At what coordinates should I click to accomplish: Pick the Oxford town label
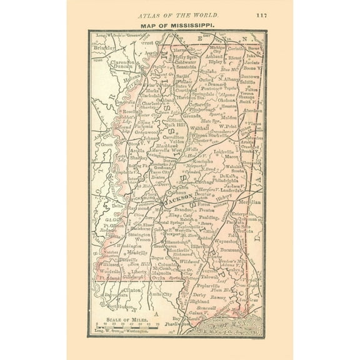pyautogui.click(x=207, y=79)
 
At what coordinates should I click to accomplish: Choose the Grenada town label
pyautogui.click(x=192, y=116)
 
